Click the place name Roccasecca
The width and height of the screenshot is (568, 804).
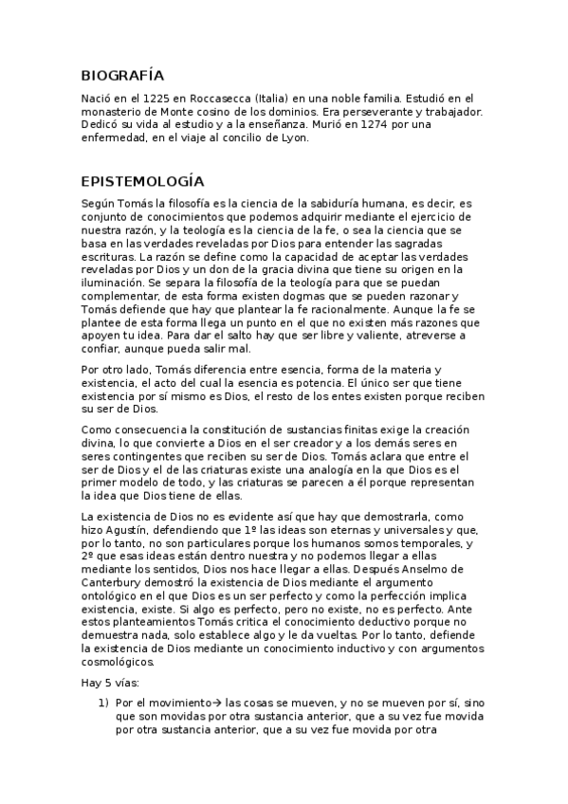[x=223, y=98]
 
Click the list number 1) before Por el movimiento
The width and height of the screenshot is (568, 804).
[x=104, y=703]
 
